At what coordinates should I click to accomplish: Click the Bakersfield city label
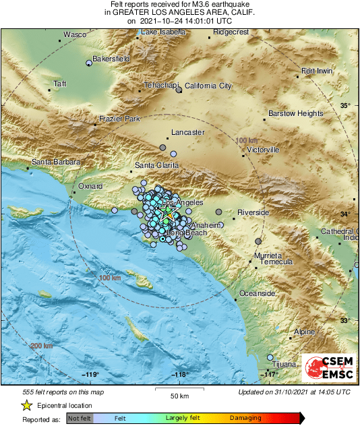(111, 59)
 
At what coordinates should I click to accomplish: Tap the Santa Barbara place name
(57, 162)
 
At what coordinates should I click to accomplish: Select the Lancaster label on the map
(188, 133)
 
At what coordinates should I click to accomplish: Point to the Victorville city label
(264, 149)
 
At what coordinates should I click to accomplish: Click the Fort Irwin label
(317, 71)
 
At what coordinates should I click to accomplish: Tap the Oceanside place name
(258, 294)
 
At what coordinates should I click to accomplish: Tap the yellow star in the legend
(26, 405)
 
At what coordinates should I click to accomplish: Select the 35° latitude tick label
(345, 106)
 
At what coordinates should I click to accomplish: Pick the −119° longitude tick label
(90, 375)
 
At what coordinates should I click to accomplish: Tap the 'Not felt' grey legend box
(81, 419)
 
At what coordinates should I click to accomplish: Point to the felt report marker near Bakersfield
(88, 63)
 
